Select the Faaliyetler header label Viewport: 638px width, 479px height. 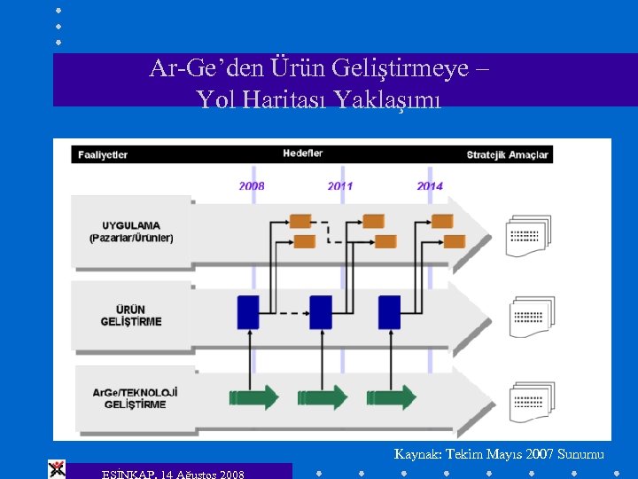101,154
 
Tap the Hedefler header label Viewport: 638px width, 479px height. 303,153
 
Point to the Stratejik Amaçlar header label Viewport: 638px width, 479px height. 508,154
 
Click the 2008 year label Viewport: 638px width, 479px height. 251,186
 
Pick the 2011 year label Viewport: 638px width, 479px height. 340,186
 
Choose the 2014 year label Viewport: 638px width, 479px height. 430,186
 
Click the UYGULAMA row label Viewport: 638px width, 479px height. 131,232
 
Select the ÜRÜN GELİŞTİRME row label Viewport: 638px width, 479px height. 131,315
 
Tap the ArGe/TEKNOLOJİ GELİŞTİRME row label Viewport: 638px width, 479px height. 135,397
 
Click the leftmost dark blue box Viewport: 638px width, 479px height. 248,312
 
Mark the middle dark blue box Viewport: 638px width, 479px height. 321,312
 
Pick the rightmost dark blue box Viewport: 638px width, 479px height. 389,312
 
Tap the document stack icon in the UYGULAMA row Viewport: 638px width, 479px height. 528,235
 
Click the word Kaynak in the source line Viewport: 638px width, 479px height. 415,454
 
